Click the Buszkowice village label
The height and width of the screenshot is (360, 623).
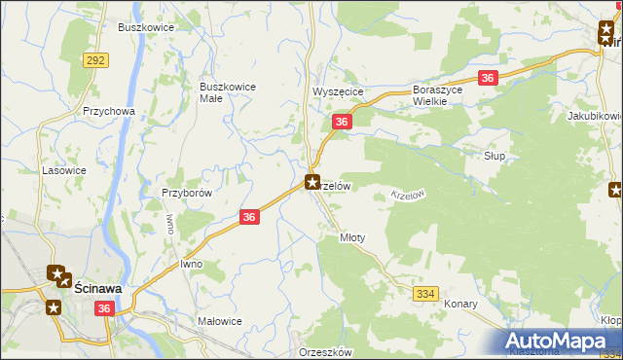(x=146, y=27)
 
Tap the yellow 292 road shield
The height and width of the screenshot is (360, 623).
(x=95, y=60)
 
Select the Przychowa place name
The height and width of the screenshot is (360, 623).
(x=108, y=112)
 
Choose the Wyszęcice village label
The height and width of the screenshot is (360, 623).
(x=337, y=91)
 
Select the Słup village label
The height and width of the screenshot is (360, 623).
(x=495, y=156)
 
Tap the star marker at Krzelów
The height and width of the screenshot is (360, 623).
(x=312, y=181)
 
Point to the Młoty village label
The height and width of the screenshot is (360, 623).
(x=351, y=237)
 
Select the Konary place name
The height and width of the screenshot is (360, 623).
(x=460, y=304)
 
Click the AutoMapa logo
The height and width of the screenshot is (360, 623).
(x=559, y=342)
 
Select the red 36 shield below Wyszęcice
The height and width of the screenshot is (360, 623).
(x=341, y=122)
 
